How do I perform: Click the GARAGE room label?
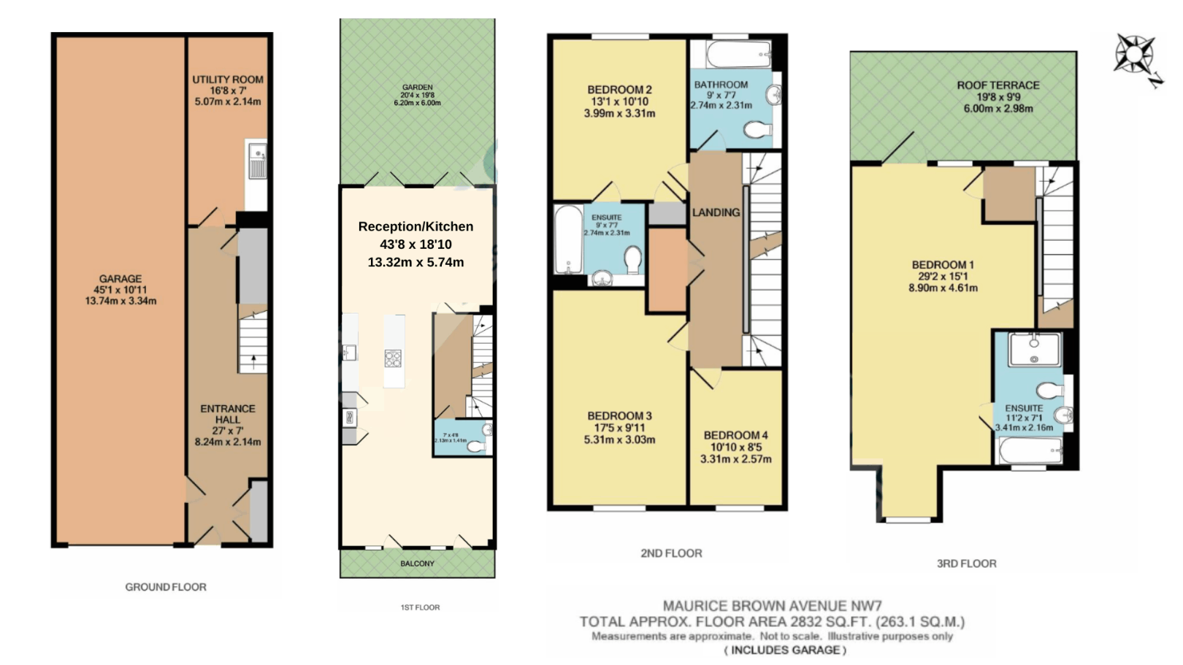click(120, 279)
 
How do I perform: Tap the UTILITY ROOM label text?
click(228, 80)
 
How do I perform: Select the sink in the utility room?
click(257, 162)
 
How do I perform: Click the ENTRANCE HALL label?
click(228, 414)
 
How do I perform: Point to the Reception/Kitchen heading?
click(416, 227)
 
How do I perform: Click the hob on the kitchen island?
click(393, 358)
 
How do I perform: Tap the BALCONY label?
click(417, 564)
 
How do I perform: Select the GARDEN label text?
click(417, 88)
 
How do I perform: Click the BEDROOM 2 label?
click(619, 90)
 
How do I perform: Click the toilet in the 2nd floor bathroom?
click(758, 130)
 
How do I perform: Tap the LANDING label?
click(716, 212)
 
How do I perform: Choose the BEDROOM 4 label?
click(735, 435)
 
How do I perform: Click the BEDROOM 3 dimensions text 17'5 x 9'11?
click(619, 428)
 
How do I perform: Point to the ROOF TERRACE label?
click(998, 85)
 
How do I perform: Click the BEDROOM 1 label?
click(943, 265)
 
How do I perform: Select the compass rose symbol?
click(1133, 55)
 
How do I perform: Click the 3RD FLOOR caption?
click(966, 564)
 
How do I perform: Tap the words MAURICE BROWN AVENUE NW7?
click(772, 606)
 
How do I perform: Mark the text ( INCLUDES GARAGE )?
click(785, 650)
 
